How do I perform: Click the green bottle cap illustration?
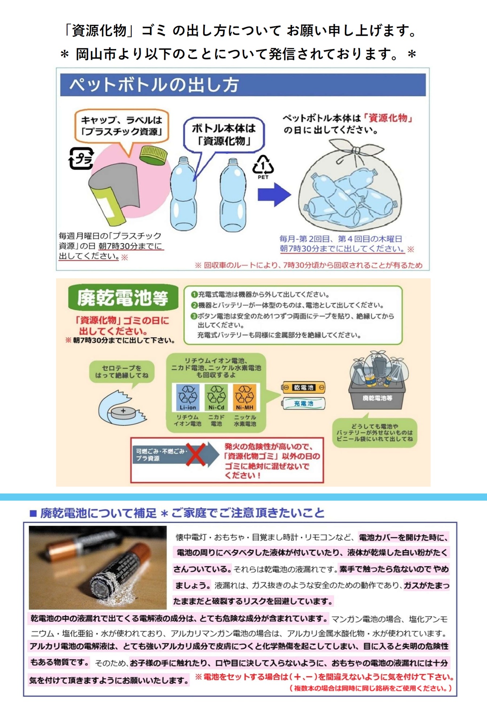153,155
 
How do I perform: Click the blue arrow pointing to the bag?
274,195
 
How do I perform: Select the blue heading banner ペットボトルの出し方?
243,85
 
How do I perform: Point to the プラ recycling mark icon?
81,158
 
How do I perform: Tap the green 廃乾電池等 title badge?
123,298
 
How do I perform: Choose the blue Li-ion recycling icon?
187,397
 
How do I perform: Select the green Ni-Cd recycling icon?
216,397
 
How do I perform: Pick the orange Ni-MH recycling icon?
245,397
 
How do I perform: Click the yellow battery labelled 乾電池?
304,388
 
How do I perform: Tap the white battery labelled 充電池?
304,403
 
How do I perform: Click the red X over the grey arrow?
196,454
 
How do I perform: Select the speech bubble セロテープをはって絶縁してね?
122,372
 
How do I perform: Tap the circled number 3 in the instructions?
194,316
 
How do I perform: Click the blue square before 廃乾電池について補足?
33,513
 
